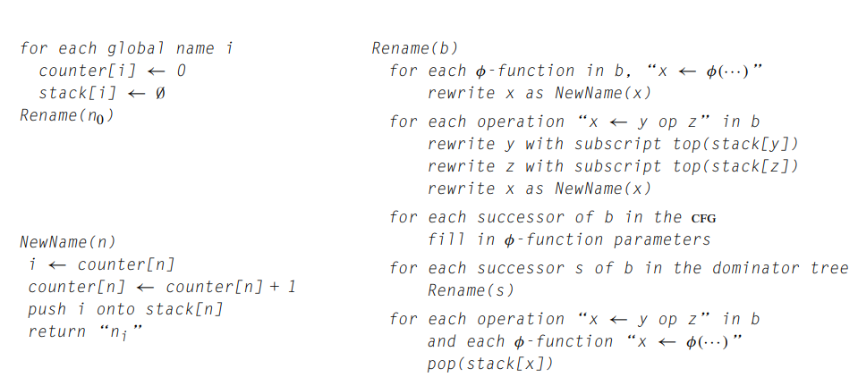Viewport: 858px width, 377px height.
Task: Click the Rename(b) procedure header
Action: coord(415,48)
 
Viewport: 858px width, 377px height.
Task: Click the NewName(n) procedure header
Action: coord(68,242)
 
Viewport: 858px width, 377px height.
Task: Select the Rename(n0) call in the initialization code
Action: coord(67,116)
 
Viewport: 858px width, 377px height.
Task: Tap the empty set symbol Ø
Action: coord(160,94)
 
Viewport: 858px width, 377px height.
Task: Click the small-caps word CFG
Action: coord(703,219)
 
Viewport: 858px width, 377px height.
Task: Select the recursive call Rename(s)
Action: coord(471,290)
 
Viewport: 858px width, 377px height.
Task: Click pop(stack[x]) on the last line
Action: coord(490,364)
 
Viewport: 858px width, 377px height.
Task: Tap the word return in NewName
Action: coord(50,331)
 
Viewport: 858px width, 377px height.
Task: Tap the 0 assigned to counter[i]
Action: coord(181,71)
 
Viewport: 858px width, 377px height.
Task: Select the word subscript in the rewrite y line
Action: coord(618,144)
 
